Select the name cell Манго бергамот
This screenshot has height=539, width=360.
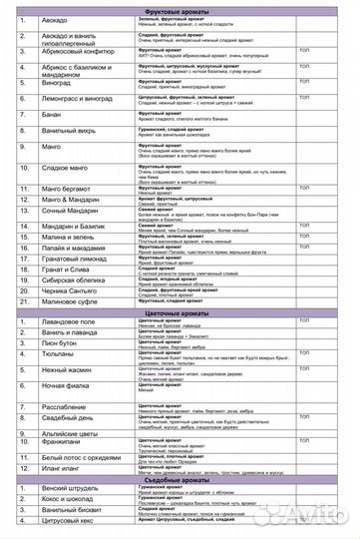click(69, 188)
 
